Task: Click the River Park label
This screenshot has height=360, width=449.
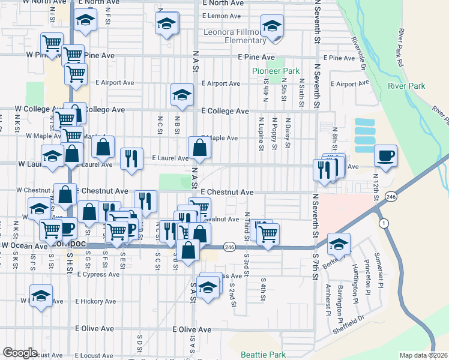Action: coord(406,86)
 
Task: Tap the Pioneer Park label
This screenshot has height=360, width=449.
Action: coord(276,71)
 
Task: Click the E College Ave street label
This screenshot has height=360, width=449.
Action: coord(224,111)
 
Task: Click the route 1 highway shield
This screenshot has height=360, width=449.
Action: coord(384,223)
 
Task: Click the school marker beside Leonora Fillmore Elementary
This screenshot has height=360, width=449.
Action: coord(273,27)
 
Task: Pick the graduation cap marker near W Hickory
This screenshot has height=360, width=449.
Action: coord(41,296)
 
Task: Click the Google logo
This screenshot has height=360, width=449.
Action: coord(20,353)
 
